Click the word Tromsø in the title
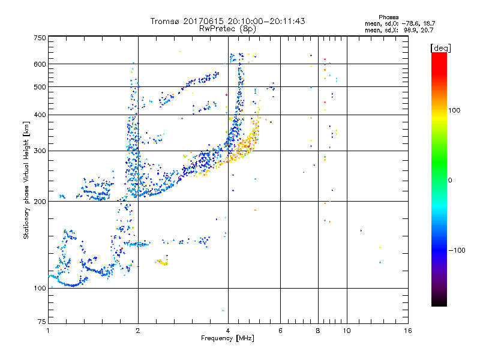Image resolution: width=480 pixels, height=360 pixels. [164, 21]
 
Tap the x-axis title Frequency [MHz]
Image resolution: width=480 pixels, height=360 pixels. [227, 339]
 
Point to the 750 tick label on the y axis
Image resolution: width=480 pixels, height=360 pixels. [40, 37]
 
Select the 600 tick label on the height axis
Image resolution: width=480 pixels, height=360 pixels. [40, 64]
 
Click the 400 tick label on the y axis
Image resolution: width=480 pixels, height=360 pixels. [40, 115]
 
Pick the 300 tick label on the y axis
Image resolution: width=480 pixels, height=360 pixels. [40, 151]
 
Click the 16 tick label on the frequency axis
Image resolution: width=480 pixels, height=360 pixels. [407, 331]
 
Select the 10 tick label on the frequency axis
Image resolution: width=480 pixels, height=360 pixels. [346, 331]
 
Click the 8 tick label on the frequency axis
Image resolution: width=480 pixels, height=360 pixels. [318, 331]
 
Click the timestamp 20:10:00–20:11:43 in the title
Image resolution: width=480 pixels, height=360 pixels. [263, 21]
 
